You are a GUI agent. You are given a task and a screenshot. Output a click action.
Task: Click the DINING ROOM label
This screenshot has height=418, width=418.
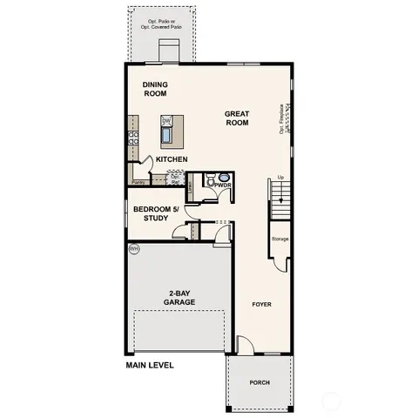click(x=155, y=88)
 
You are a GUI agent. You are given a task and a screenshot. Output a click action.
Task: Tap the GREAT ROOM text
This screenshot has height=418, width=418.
click(x=237, y=118)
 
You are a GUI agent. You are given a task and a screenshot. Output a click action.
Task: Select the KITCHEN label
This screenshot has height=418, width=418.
click(x=172, y=159)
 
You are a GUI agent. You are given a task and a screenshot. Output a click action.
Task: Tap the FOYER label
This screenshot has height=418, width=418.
click(x=262, y=305)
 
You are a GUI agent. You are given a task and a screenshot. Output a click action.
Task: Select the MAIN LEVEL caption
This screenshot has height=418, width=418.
click(x=150, y=366)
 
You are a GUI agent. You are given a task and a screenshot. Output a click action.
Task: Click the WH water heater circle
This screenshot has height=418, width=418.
click(x=134, y=250)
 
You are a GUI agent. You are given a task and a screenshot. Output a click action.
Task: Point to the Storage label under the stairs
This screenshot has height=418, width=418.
click(x=280, y=239)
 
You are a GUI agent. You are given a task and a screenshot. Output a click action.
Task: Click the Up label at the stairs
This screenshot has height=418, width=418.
click(x=280, y=178)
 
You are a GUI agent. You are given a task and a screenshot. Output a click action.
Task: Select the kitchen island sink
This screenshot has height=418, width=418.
click(x=166, y=135)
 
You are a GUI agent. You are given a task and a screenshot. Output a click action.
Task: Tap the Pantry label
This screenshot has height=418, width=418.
click(x=138, y=183)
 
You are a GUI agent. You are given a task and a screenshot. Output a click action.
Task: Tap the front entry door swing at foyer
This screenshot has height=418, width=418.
click(x=246, y=347)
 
